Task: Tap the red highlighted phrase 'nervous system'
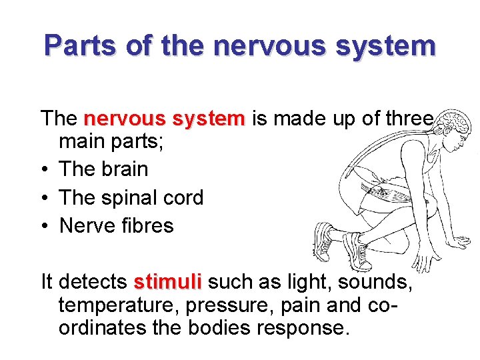165,119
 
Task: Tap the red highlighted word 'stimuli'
167,283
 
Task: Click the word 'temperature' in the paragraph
119,307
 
